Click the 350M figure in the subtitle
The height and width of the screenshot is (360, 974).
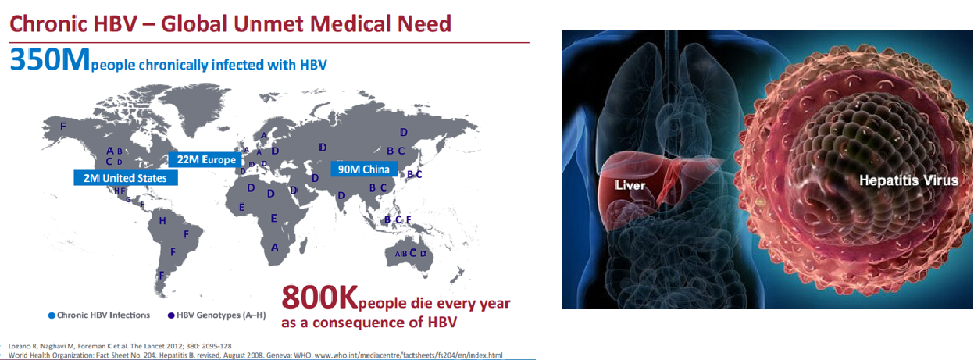pos(49,59)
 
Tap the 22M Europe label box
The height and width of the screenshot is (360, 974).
pos(205,159)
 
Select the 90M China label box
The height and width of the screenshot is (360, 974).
pos(364,169)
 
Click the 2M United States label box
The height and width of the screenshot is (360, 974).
pos(126,178)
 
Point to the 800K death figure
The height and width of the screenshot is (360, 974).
pos(319,298)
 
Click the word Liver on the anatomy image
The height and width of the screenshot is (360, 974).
pos(630,186)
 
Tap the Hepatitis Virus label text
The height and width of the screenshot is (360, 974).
pos(908,180)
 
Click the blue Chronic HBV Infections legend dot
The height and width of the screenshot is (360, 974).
pos(52,315)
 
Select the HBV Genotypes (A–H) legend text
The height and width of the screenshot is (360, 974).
pos(221,315)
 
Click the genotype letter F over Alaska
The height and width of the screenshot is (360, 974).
pos(63,126)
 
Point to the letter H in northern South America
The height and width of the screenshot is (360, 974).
pos(162,221)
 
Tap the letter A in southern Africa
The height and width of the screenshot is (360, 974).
pos(274,248)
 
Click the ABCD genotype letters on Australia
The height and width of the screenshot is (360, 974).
pos(411,254)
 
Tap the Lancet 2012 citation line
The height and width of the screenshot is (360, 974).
pos(120,346)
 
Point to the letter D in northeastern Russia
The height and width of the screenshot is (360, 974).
pos(404,132)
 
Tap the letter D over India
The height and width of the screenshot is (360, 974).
pos(341,196)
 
